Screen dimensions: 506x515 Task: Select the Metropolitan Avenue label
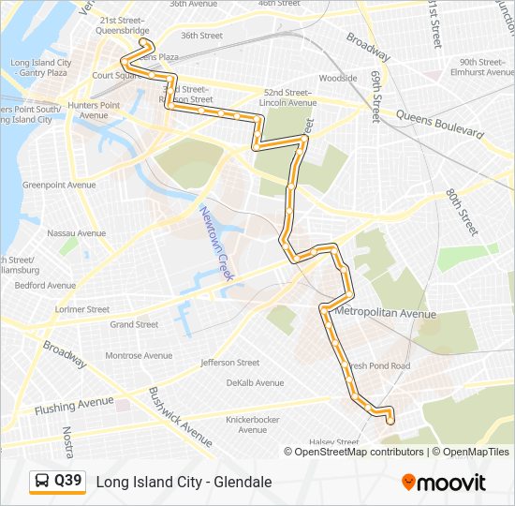(385, 313)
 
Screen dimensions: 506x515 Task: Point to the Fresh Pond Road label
(379, 365)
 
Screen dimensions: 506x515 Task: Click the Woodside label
(338, 79)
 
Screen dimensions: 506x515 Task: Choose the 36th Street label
(201, 36)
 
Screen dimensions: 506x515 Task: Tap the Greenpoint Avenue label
(59, 185)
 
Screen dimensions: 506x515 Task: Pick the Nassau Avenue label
(76, 232)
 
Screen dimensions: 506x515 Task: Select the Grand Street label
(134, 324)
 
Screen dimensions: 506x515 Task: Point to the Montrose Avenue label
(138, 355)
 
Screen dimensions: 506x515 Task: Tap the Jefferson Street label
(229, 363)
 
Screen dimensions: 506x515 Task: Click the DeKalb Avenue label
(255, 382)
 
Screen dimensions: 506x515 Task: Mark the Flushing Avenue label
(74, 406)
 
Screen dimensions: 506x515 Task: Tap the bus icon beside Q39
(41, 482)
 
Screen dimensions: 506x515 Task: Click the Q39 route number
(67, 482)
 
